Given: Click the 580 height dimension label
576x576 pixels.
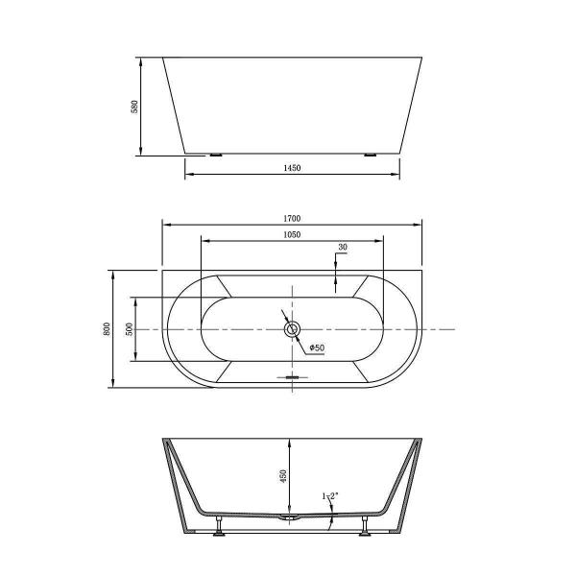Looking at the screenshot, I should pyautogui.click(x=135, y=106).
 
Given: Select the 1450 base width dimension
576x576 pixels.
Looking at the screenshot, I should pyautogui.click(x=292, y=168).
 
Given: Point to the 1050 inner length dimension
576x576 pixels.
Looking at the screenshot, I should pyautogui.click(x=292, y=234).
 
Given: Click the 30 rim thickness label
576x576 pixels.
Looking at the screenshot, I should pyautogui.click(x=342, y=248).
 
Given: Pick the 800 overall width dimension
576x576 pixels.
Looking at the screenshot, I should pyautogui.click(x=106, y=328).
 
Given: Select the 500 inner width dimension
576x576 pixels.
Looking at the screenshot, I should pyautogui.click(x=129, y=328).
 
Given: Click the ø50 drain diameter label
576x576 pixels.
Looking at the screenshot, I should pyautogui.click(x=315, y=348).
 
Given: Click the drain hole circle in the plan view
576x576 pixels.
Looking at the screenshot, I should pyautogui.click(x=293, y=329).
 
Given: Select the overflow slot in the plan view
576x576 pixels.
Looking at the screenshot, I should pyautogui.click(x=293, y=377).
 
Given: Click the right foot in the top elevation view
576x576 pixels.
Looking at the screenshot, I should pyautogui.click(x=370, y=154).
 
